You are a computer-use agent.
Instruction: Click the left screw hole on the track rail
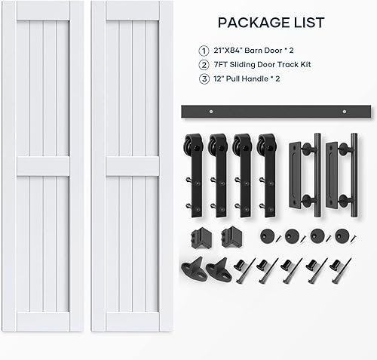(213, 112)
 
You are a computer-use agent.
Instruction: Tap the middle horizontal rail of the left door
(42, 166)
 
